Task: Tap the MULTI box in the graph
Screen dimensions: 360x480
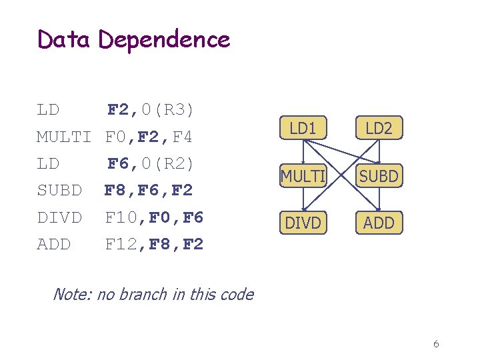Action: [303, 177]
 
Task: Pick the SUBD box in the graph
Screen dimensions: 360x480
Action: [379, 177]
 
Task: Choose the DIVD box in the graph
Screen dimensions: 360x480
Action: [303, 223]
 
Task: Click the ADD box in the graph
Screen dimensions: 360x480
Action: [379, 223]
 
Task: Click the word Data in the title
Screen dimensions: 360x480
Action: [63, 40]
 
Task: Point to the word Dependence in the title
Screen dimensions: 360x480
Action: [164, 40]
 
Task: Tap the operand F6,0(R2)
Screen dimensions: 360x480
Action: [151, 163]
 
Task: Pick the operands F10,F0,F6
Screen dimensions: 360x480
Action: [155, 218]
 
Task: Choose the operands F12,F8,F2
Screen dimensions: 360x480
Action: [155, 245]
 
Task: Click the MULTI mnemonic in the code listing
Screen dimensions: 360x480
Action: [63, 137]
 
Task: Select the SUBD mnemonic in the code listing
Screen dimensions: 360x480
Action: [59, 191]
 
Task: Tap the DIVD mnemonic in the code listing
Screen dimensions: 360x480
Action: [59, 218]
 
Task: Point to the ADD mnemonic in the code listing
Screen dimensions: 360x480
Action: [53, 245]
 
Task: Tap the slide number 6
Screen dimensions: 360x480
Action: [436, 344]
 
